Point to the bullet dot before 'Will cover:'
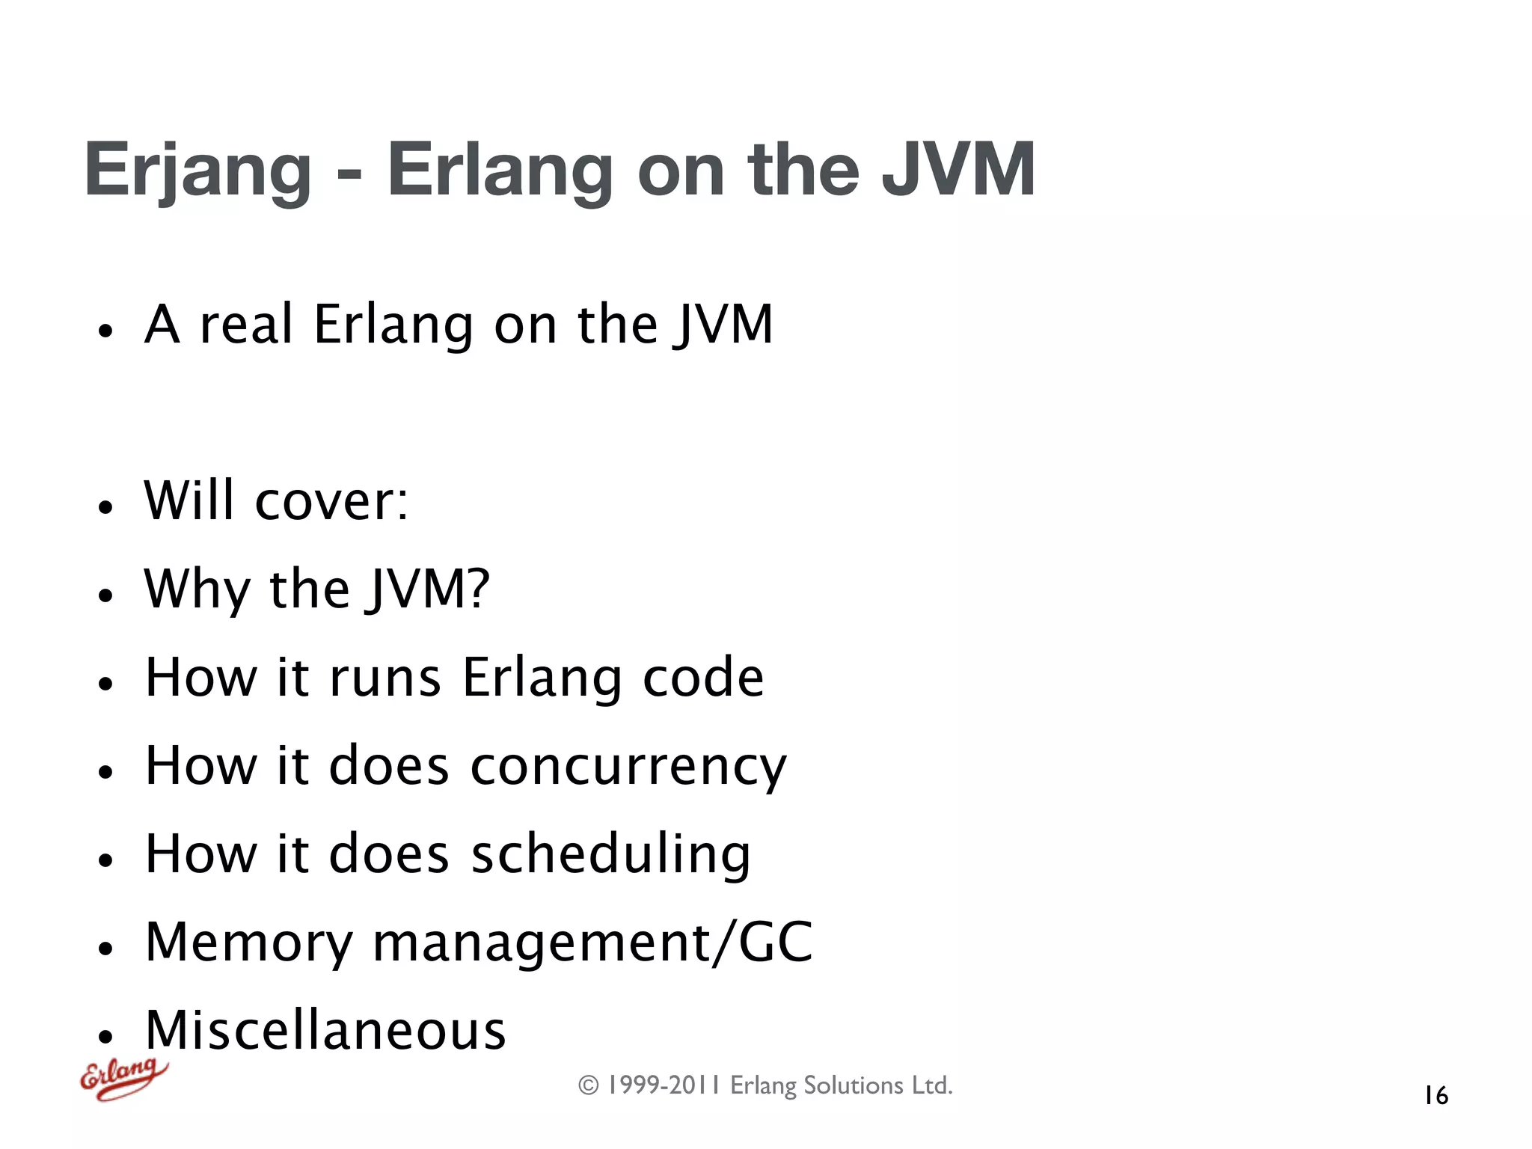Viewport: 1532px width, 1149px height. (x=105, y=507)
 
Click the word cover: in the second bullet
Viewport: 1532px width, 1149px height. (x=331, y=500)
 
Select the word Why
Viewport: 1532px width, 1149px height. (x=197, y=589)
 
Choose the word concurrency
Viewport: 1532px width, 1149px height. (x=628, y=767)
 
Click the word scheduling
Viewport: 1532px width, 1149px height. (x=610, y=854)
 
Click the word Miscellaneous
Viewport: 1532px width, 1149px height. (x=325, y=1031)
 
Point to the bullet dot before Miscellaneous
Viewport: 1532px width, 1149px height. (x=105, y=1037)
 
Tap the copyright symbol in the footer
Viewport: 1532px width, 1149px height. (x=589, y=1085)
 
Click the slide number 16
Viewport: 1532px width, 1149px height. (x=1436, y=1096)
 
